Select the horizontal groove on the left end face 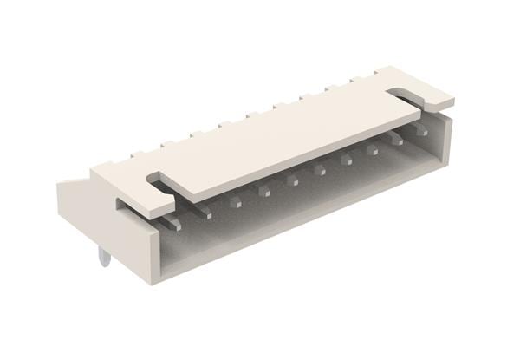[x=130, y=208]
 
